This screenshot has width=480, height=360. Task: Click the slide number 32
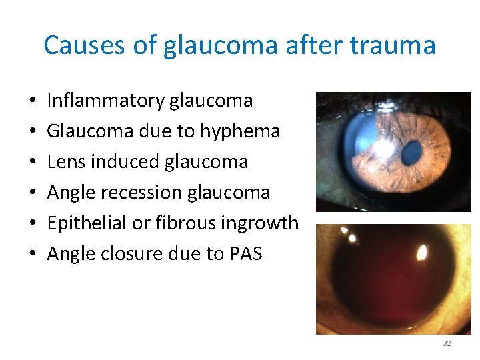(x=447, y=343)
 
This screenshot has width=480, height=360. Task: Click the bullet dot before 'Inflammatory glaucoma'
(x=33, y=101)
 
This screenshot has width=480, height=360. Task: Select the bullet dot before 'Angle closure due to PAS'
(x=33, y=255)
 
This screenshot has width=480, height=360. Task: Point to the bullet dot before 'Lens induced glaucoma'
(x=33, y=163)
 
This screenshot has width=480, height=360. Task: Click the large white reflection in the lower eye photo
(x=421, y=253)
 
